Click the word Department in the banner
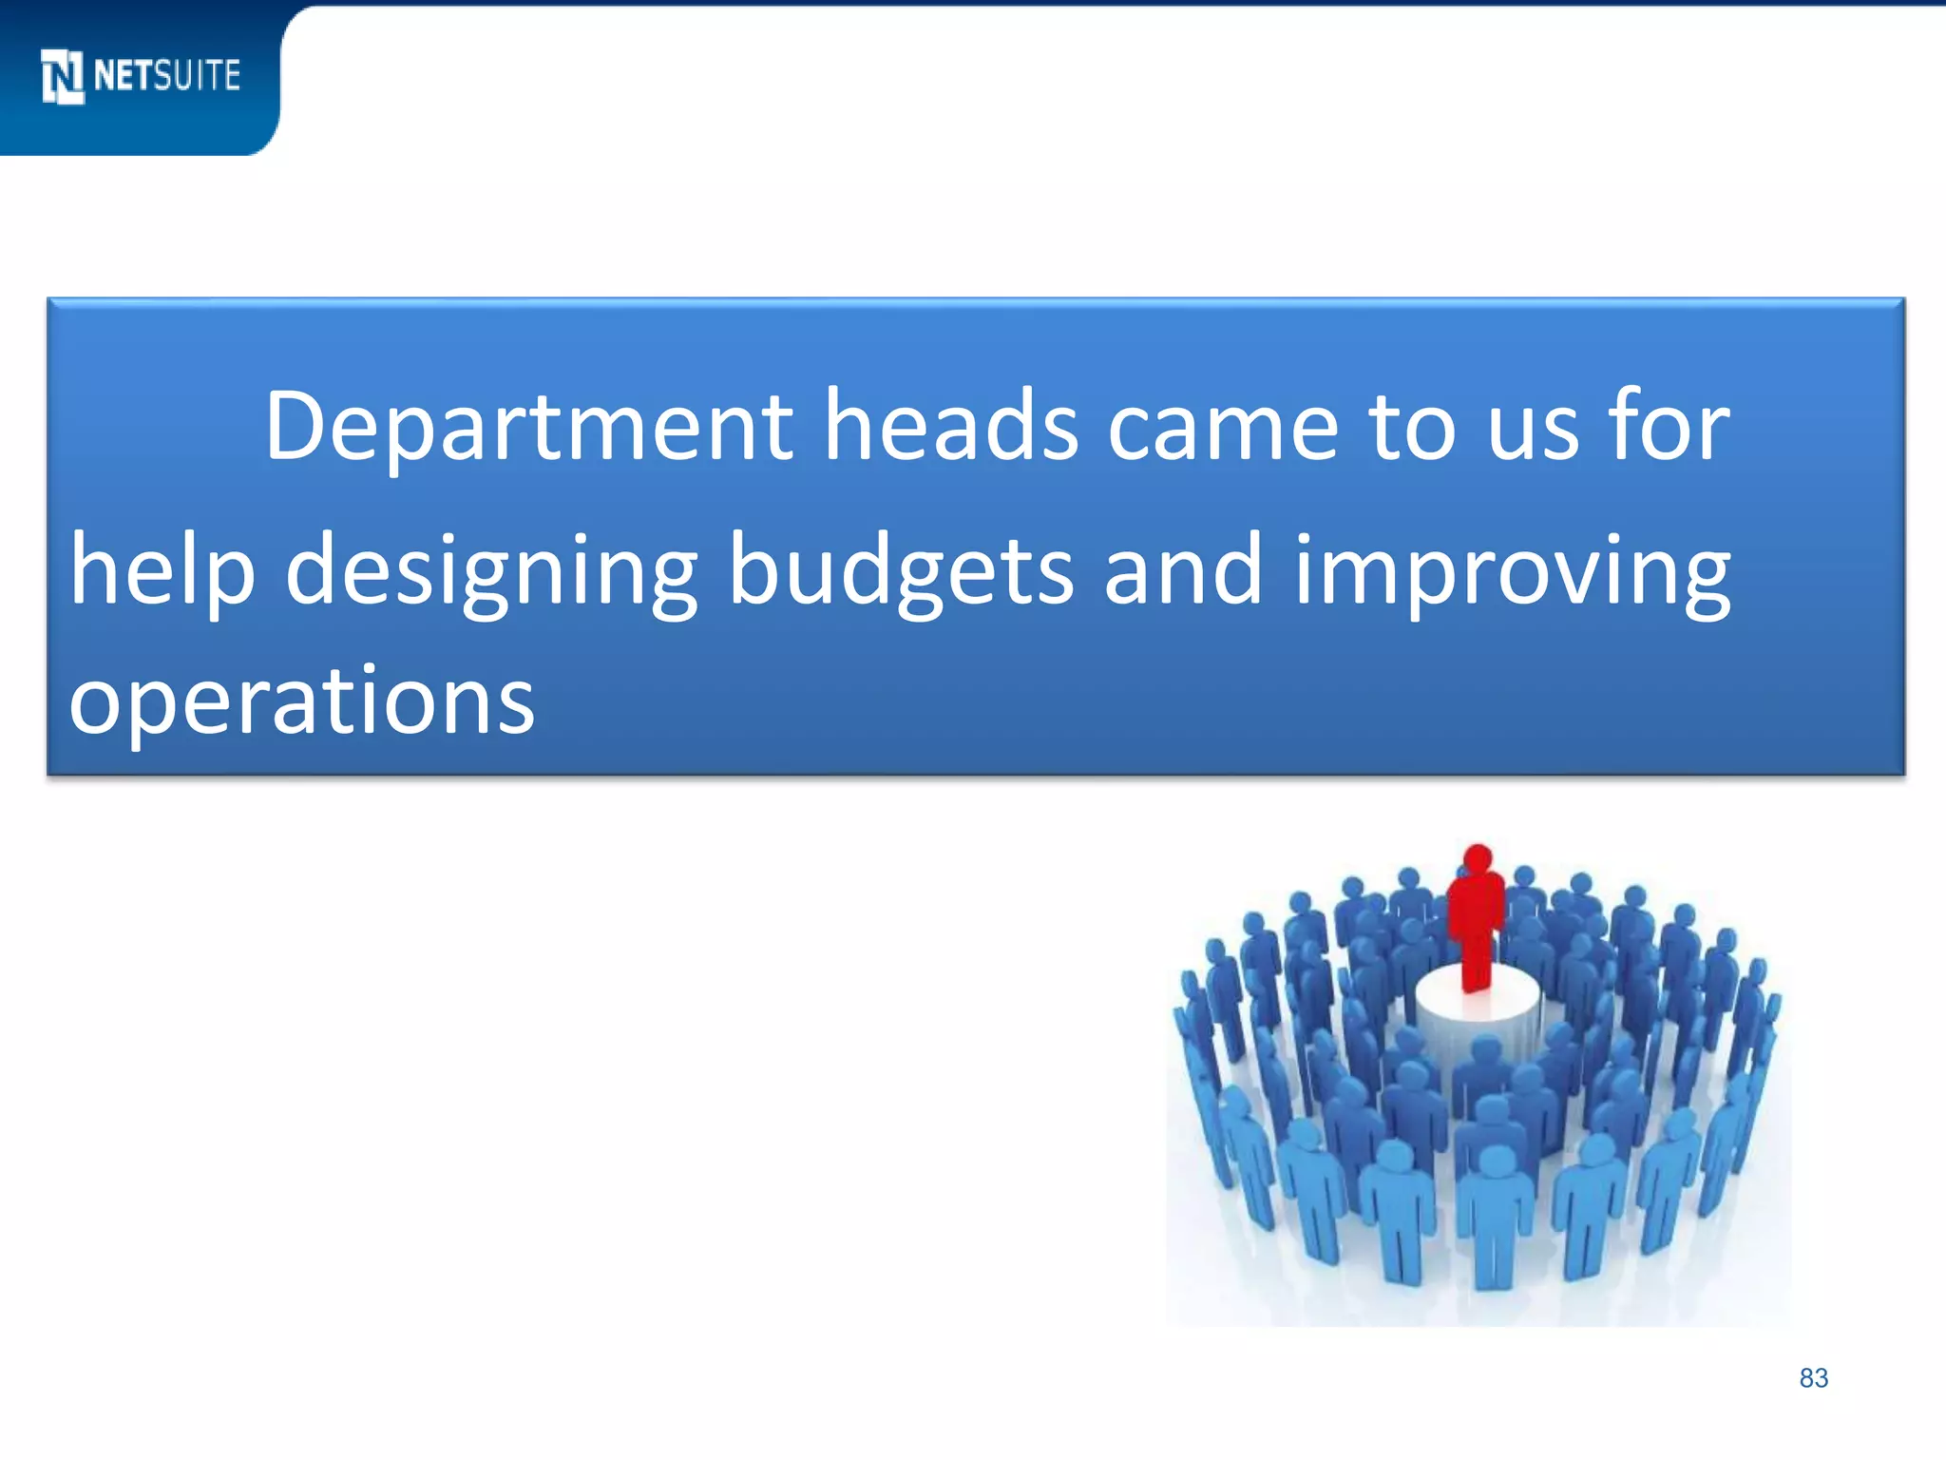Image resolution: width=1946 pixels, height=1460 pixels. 528,428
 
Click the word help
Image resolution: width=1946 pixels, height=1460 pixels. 162,570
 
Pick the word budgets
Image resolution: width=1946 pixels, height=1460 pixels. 901,570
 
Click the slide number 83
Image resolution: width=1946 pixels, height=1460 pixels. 1813,1378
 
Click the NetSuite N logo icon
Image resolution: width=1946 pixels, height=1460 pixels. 63,76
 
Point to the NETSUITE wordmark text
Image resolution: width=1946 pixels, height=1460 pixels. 167,75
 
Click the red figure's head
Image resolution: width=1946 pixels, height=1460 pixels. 1477,857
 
